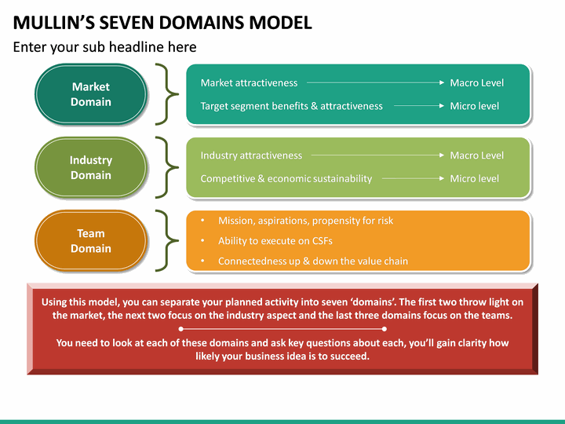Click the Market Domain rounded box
pos(91,94)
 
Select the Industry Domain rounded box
pos(91,167)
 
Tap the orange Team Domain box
pos(91,240)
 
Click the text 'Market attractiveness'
pos(249,82)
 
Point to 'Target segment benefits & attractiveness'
pos(291,106)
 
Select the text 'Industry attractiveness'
pos(251,155)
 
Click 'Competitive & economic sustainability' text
pos(286,179)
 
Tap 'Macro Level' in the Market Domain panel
pos(476,82)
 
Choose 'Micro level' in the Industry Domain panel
pos(474,179)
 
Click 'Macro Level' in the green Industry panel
pos(476,155)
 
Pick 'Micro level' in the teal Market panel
pos(474,106)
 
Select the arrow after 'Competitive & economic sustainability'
pos(412,179)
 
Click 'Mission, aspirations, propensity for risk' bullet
pos(305,221)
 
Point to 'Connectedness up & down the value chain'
pos(312,261)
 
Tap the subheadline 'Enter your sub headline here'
pos(104,47)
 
